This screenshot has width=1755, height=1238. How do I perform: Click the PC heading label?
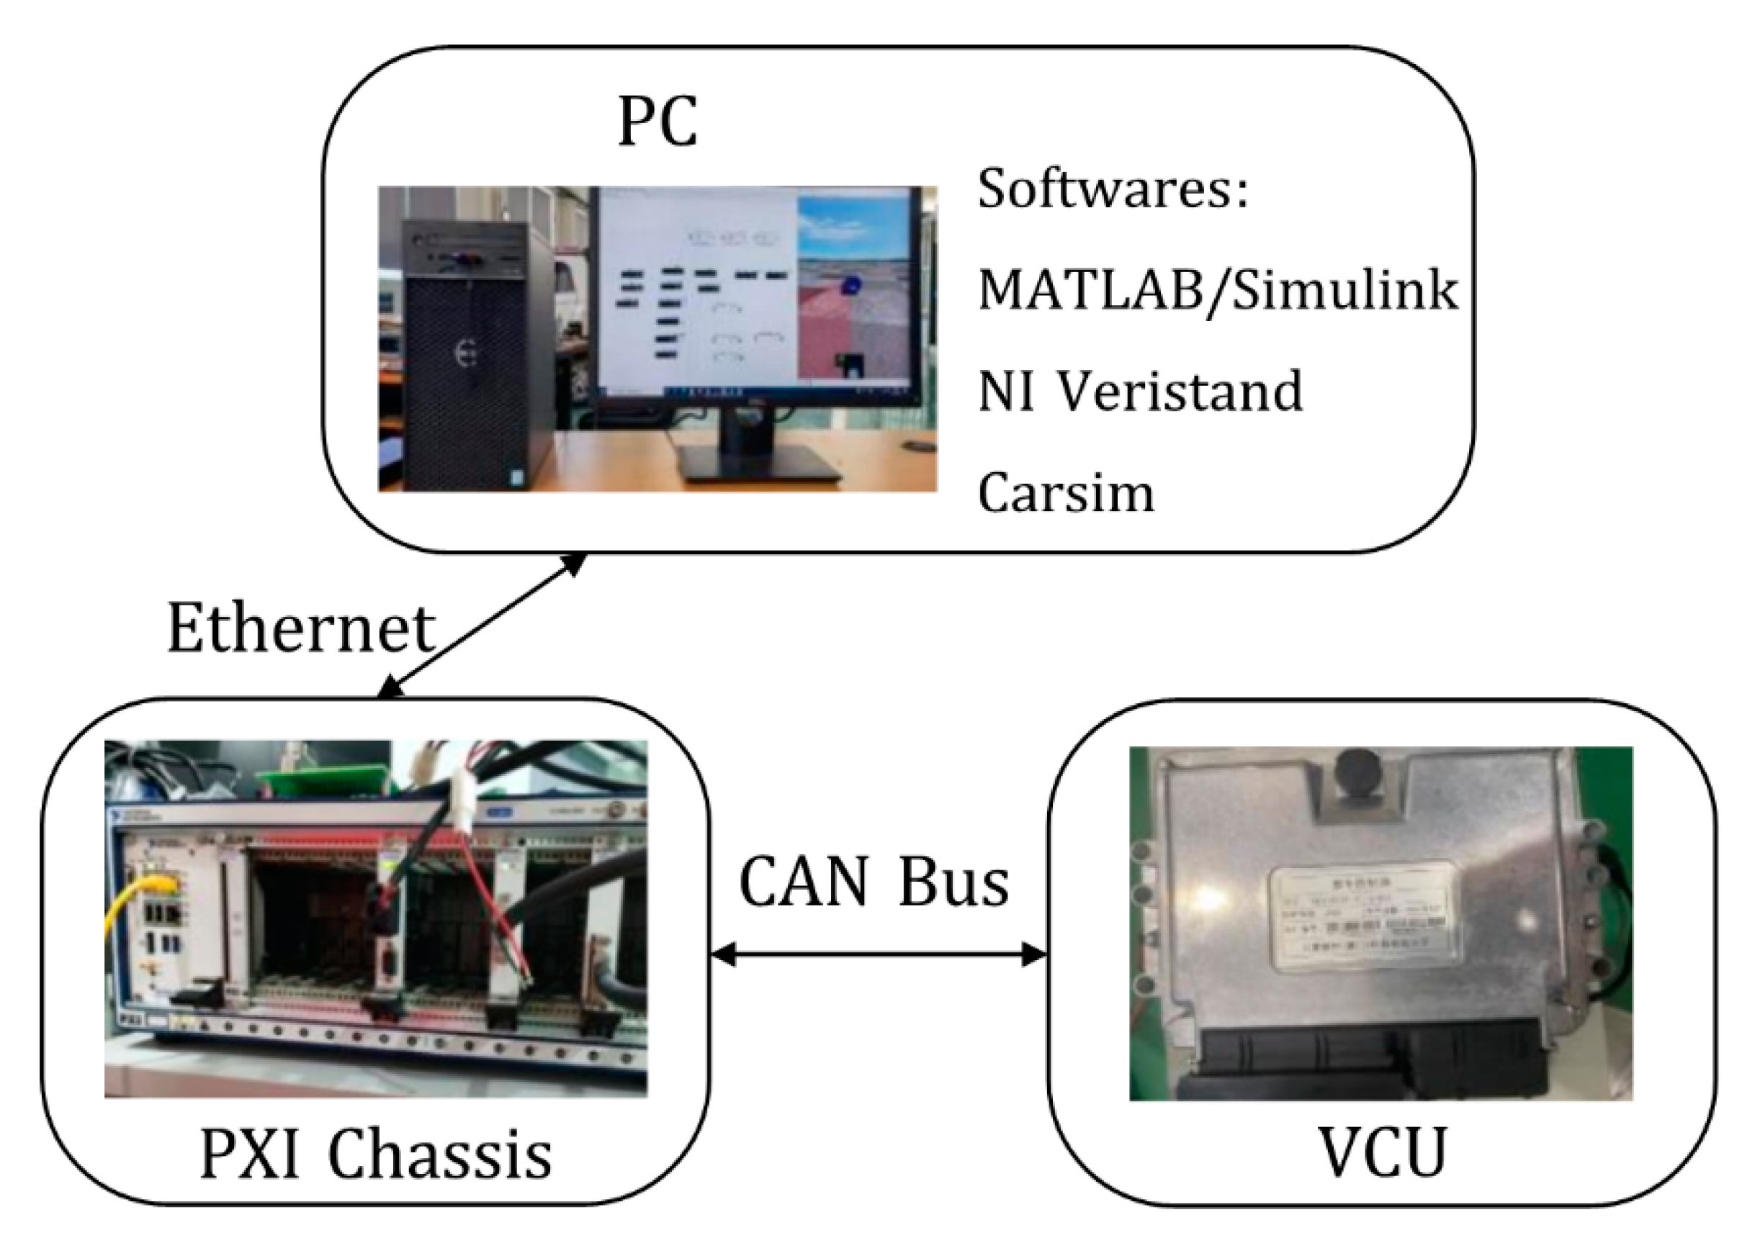(x=657, y=122)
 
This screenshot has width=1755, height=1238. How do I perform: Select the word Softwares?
(x=1113, y=189)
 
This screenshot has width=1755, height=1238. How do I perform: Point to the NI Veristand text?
(x=1140, y=392)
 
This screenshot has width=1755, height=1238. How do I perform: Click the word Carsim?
(x=1066, y=494)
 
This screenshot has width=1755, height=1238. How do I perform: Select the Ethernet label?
(x=301, y=628)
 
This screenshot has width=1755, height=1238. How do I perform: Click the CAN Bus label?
(x=874, y=882)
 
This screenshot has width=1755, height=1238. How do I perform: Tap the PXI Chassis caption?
(x=375, y=1155)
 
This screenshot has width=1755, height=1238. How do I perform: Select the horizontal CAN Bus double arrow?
(x=879, y=954)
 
